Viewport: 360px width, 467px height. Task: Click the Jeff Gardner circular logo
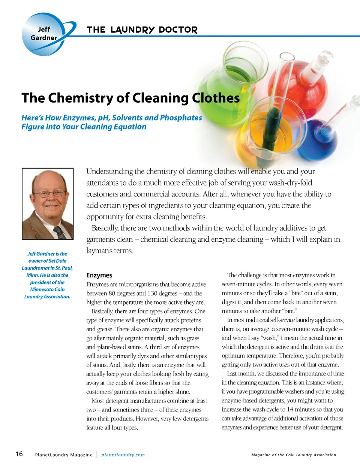[x=44, y=34]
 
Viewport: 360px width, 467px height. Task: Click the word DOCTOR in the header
[x=178, y=30]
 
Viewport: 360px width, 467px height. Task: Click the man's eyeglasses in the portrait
[x=48, y=193]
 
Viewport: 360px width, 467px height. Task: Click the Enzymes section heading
[x=99, y=275]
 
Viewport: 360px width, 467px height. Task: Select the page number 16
[x=19, y=454]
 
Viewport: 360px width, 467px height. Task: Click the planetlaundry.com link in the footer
[x=123, y=455]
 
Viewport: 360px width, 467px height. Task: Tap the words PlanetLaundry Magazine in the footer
[x=64, y=455]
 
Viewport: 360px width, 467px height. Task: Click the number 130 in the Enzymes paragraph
[x=152, y=293]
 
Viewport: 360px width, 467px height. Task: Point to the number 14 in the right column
[x=291, y=409]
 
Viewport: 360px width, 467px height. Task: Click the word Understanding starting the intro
[x=109, y=171]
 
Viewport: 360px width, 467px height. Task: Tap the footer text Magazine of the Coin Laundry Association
[x=294, y=455]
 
